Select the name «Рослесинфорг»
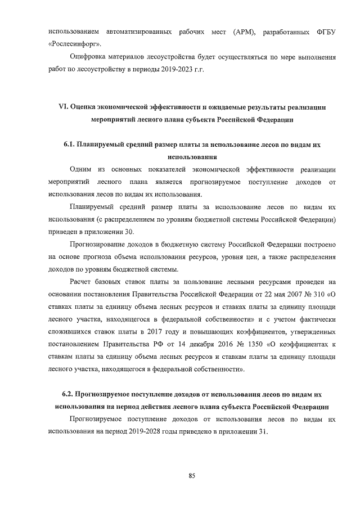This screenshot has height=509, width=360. [76, 43]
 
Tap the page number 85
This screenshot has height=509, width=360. [192, 476]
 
